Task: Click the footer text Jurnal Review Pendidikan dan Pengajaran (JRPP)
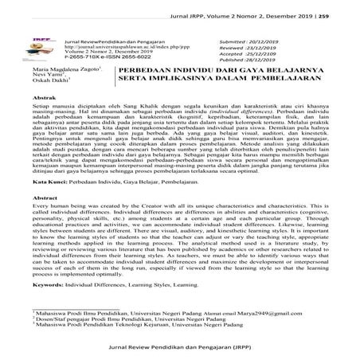pos(179,347)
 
